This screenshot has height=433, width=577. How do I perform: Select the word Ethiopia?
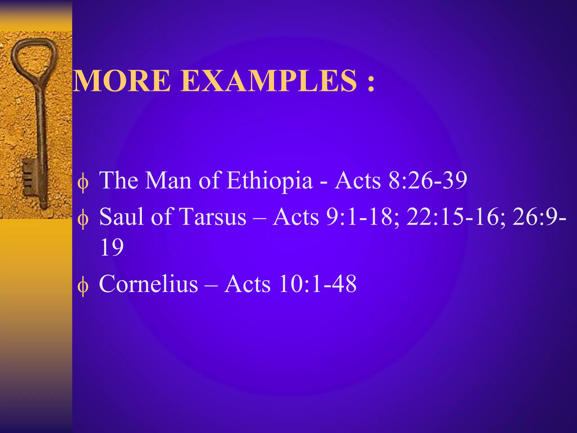point(270,180)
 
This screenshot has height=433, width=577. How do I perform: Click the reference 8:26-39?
point(428,180)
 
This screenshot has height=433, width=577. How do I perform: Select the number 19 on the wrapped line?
point(112,247)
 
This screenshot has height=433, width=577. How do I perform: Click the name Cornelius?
point(148,284)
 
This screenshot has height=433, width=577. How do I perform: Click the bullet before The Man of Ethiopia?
point(83,184)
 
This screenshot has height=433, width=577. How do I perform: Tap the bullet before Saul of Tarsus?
point(83,220)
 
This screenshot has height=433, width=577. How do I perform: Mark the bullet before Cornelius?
point(83,288)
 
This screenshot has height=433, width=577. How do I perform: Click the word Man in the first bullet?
point(168,180)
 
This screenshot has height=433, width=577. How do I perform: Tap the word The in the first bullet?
point(119,180)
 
